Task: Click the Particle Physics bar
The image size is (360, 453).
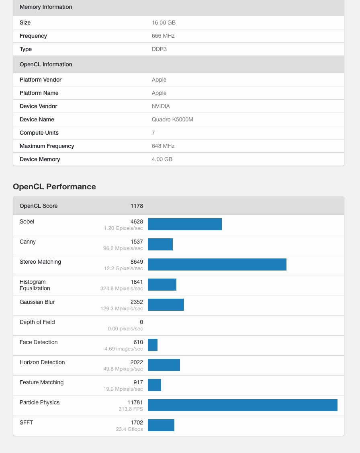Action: click(242, 405)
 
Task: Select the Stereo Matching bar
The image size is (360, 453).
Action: click(217, 264)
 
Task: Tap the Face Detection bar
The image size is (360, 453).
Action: click(153, 345)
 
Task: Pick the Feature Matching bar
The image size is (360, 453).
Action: click(154, 385)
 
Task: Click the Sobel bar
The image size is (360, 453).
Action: click(185, 224)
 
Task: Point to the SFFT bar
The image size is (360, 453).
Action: click(161, 425)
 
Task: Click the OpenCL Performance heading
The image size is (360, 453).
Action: click(54, 187)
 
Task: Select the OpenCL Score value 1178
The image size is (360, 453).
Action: click(137, 206)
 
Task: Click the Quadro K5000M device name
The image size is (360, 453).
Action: click(172, 119)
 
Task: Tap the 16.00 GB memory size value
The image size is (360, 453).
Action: click(164, 23)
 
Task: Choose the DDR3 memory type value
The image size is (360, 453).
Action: click(159, 49)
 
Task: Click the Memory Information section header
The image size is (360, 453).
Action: click(46, 7)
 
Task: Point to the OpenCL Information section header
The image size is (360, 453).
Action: click(46, 64)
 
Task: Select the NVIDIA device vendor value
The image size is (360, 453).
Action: click(161, 106)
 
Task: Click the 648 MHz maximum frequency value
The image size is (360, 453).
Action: click(163, 146)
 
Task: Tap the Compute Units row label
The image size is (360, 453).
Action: click(39, 133)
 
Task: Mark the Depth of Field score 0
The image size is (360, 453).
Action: click(141, 322)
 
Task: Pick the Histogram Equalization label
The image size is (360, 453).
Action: click(35, 285)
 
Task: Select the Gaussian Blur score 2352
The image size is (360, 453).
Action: click(137, 302)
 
